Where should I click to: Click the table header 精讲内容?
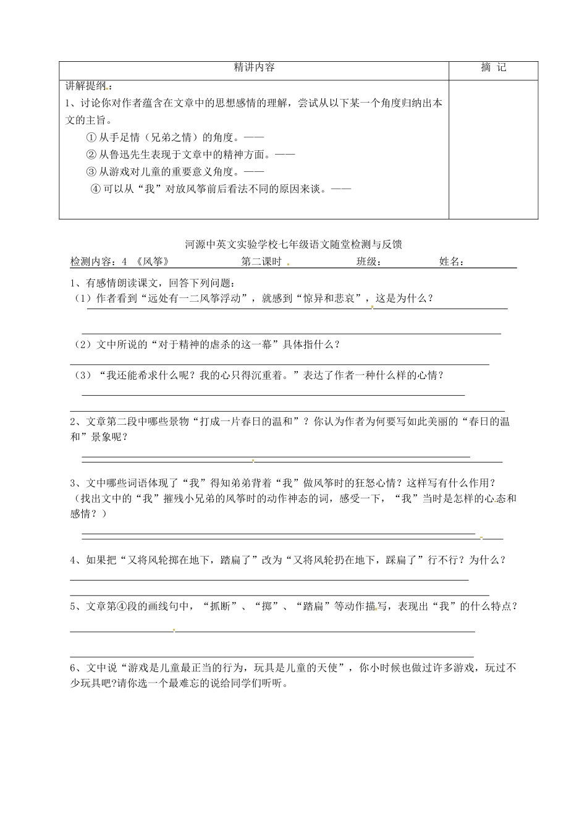tap(254, 68)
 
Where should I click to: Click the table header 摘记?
tap(493, 68)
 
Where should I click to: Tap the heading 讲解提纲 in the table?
tap(85, 85)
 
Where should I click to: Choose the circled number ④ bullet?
tap(95, 189)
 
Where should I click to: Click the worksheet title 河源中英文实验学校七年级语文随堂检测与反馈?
tap(293, 245)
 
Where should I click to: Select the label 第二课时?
tap(261, 262)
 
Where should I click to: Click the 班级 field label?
tap(367, 262)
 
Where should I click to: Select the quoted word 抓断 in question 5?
tap(220, 607)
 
